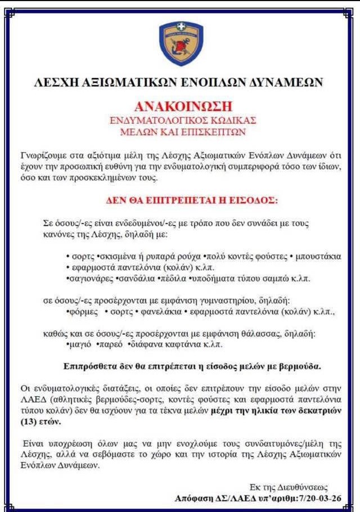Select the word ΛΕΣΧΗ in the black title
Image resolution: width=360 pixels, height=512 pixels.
coord(57,82)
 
